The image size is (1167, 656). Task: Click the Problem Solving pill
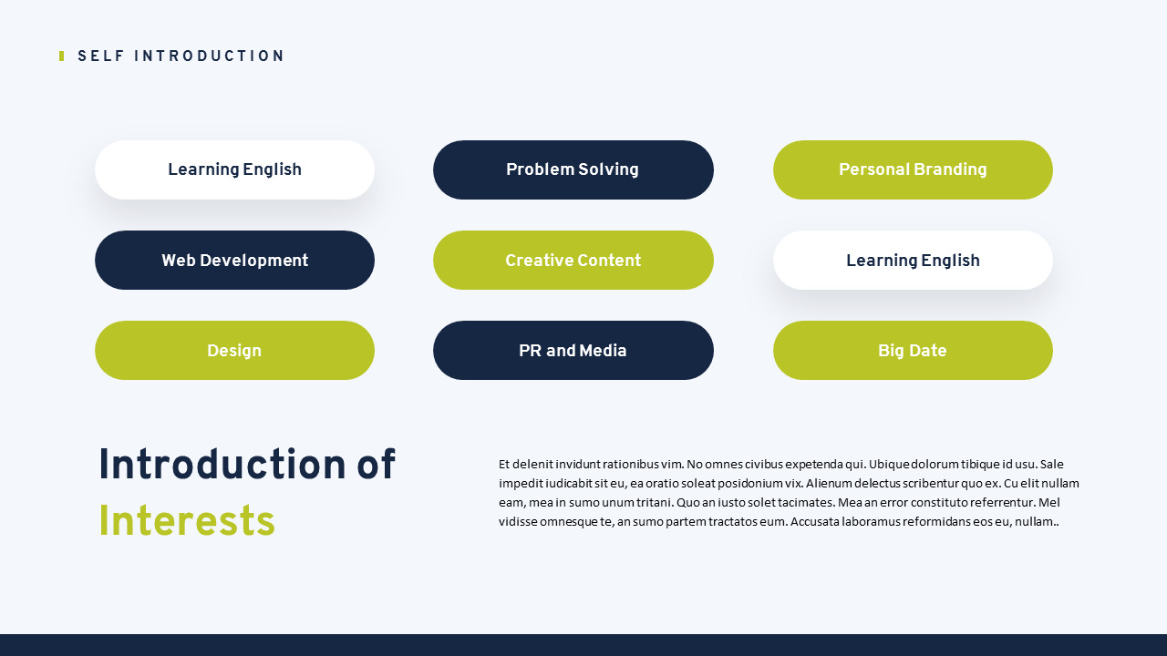(573, 169)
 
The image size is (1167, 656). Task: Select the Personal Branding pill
(913, 169)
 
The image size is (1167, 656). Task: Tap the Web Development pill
(234, 261)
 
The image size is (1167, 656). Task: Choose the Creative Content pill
(573, 261)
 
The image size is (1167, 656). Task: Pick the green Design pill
(234, 351)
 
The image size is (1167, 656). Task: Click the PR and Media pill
(573, 351)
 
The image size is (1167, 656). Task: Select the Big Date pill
(913, 351)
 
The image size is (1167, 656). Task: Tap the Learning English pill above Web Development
(234, 169)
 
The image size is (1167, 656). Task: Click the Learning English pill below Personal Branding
(913, 261)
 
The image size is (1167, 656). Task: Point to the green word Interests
(187, 522)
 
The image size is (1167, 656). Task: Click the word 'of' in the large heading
(376, 466)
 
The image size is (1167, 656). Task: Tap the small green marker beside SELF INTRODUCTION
(61, 56)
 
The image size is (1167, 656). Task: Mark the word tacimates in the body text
(803, 502)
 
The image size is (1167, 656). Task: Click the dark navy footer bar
(583, 645)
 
